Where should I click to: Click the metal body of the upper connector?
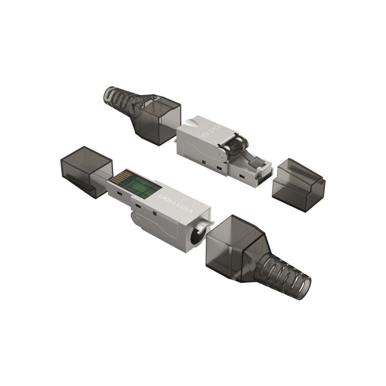(198, 145)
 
